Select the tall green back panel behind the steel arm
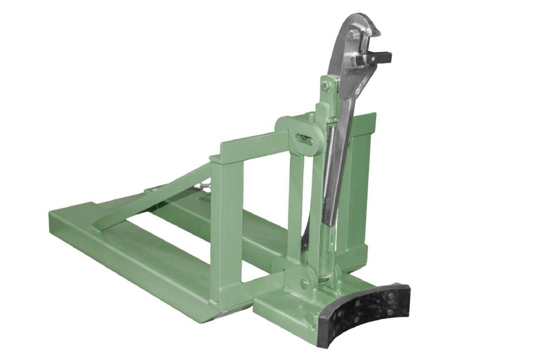(x=359, y=178)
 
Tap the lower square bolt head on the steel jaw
(x=357, y=61)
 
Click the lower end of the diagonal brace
(x=100, y=227)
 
